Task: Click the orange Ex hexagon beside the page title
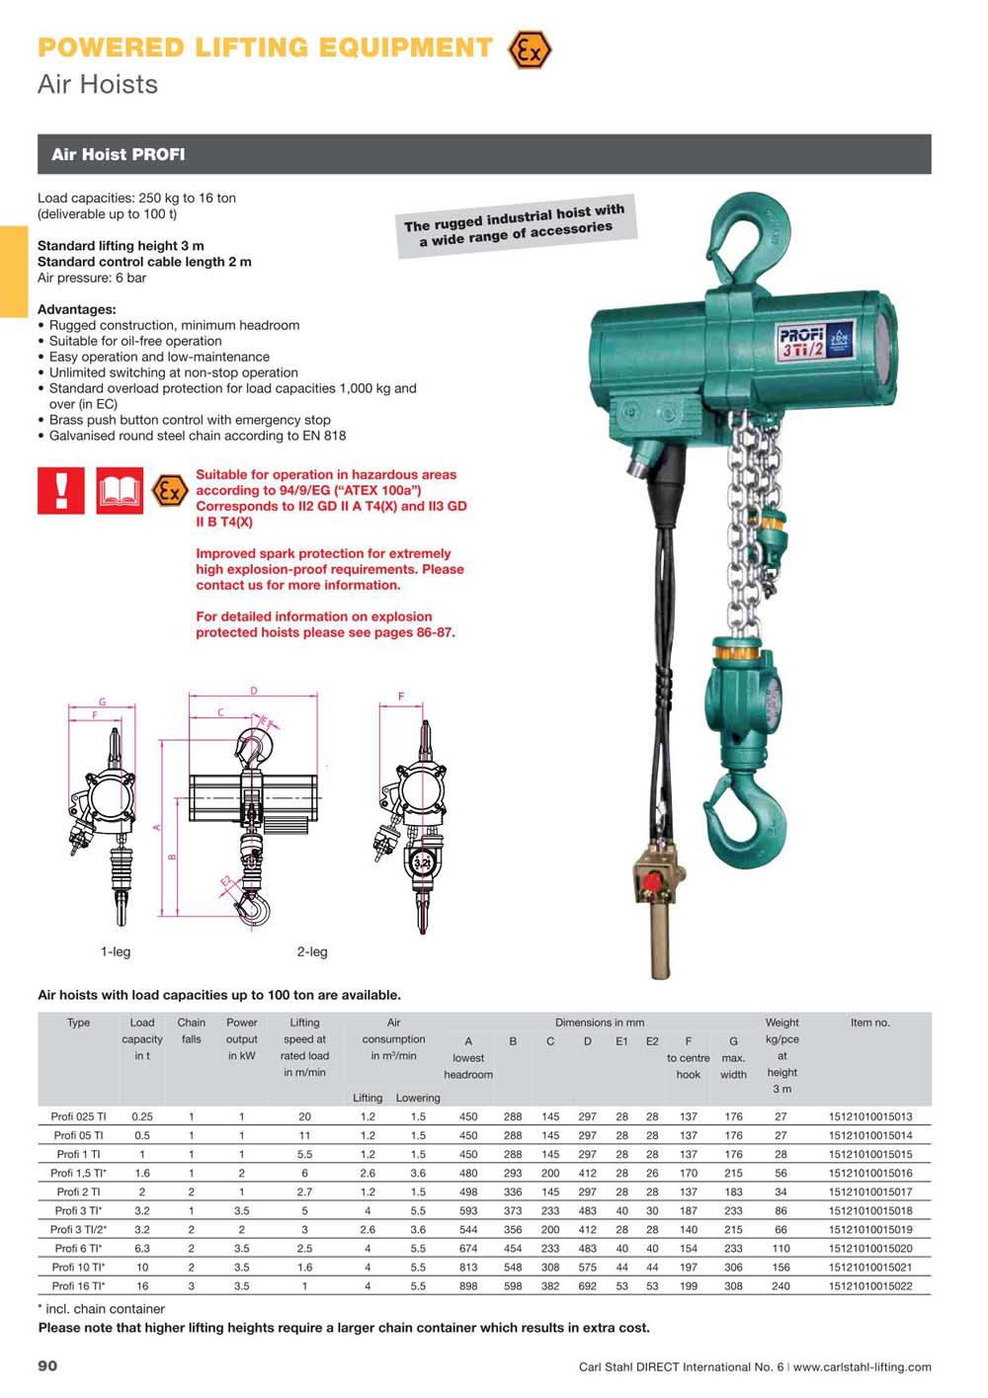[x=530, y=49]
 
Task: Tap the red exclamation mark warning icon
[x=60, y=491]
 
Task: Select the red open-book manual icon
[x=120, y=491]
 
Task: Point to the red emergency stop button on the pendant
[x=652, y=881]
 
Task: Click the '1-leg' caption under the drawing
[x=116, y=951]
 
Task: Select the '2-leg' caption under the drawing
[x=312, y=951]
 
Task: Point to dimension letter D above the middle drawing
[x=254, y=691]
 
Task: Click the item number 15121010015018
[x=870, y=1210]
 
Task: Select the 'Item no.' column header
[x=870, y=1023]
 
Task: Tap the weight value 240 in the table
[x=781, y=1285]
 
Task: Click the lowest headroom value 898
[x=468, y=1285]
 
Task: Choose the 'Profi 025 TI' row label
[x=79, y=1116]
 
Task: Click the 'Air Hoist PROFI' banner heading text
[x=118, y=154]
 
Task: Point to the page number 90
[x=47, y=1366]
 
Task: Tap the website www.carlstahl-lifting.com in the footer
[x=862, y=1366]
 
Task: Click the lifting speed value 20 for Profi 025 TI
[x=304, y=1116]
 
